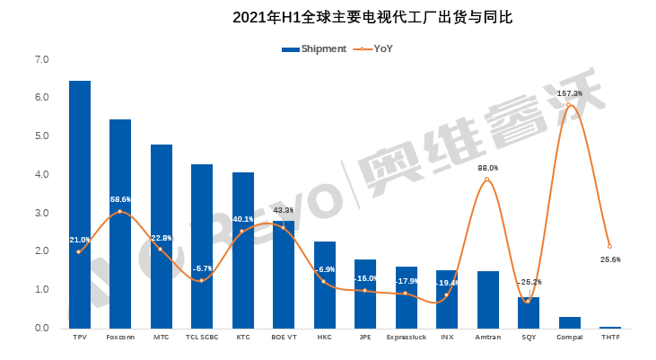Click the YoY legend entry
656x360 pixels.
[x=376, y=49]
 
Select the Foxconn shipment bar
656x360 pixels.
[x=120, y=224]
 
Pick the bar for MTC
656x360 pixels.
[x=162, y=237]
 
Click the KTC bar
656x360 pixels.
[x=243, y=250]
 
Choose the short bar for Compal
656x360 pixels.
[x=569, y=322]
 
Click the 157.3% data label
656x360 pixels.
[x=569, y=93]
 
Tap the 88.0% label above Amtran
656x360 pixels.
[x=487, y=168]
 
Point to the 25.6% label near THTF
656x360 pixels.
[x=610, y=259]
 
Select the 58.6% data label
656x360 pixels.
[x=120, y=199]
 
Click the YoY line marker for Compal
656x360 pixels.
[x=569, y=105]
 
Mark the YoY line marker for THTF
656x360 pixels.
[x=610, y=246]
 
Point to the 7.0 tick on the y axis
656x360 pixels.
[x=41, y=59]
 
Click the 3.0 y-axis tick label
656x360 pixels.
[x=41, y=213]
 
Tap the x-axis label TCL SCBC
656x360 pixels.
[x=202, y=338]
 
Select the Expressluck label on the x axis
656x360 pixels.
[x=406, y=338]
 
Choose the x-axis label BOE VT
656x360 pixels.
[x=284, y=338]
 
